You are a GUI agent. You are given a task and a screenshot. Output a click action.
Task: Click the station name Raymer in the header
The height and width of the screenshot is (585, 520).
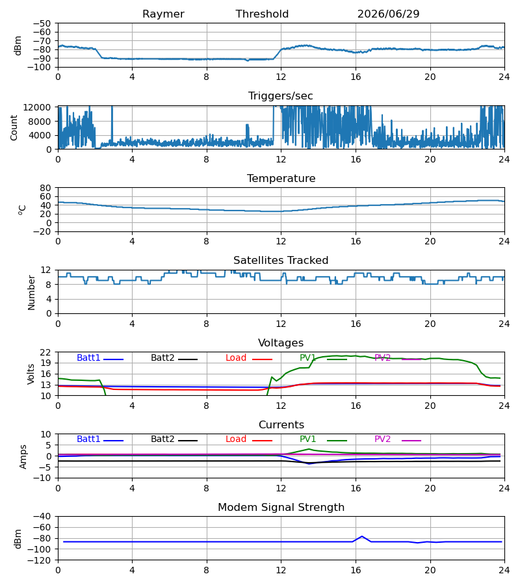[x=163, y=14]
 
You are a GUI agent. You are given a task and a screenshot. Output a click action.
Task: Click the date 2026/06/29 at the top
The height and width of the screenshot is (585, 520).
[x=388, y=14]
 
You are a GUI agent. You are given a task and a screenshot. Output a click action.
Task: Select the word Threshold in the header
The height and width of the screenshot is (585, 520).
[x=262, y=14]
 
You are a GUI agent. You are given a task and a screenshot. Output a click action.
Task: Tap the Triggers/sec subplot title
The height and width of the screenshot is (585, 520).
[x=281, y=96]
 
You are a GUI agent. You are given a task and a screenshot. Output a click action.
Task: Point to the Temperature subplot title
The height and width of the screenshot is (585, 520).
[x=281, y=178]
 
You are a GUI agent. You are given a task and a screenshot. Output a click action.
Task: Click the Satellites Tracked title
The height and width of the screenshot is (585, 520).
[x=281, y=261]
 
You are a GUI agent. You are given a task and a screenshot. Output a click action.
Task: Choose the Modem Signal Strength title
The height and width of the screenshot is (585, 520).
[x=281, y=508]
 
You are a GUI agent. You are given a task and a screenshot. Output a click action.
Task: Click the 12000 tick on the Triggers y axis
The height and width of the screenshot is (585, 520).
[x=37, y=107]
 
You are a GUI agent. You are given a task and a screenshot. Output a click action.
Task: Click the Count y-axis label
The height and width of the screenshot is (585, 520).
[x=14, y=127]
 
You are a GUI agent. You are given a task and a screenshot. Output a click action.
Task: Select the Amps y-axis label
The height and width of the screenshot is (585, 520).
[x=23, y=456]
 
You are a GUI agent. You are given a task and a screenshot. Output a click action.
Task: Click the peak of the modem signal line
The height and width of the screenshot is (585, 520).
[x=362, y=536]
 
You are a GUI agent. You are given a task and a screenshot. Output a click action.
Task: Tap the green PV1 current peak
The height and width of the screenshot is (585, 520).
[x=309, y=449]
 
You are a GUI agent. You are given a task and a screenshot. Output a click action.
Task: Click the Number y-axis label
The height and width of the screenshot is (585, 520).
[x=31, y=292]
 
